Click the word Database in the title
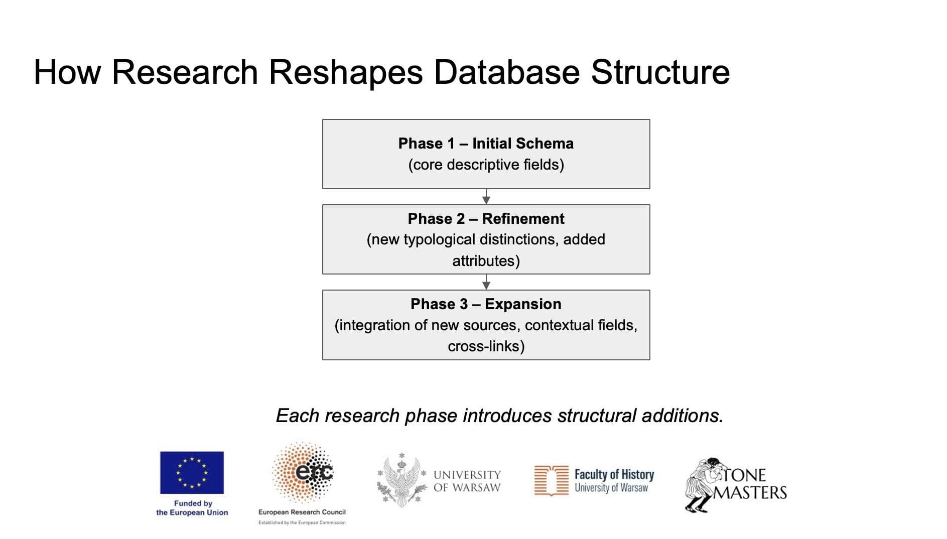[x=506, y=72]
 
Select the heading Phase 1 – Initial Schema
[x=486, y=144]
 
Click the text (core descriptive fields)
[x=486, y=165]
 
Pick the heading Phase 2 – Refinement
[x=486, y=219]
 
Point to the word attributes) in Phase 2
[x=486, y=261]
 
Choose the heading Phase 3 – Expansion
[x=486, y=304]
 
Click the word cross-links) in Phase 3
[x=486, y=346]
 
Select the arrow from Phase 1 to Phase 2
[x=486, y=197]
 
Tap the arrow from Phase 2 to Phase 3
[x=486, y=282]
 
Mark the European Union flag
[x=192, y=472]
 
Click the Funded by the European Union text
[x=192, y=508]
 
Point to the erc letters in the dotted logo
[x=314, y=472]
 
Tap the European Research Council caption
[x=302, y=512]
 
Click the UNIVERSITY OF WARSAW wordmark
[x=467, y=481]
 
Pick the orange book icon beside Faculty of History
[x=551, y=480]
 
